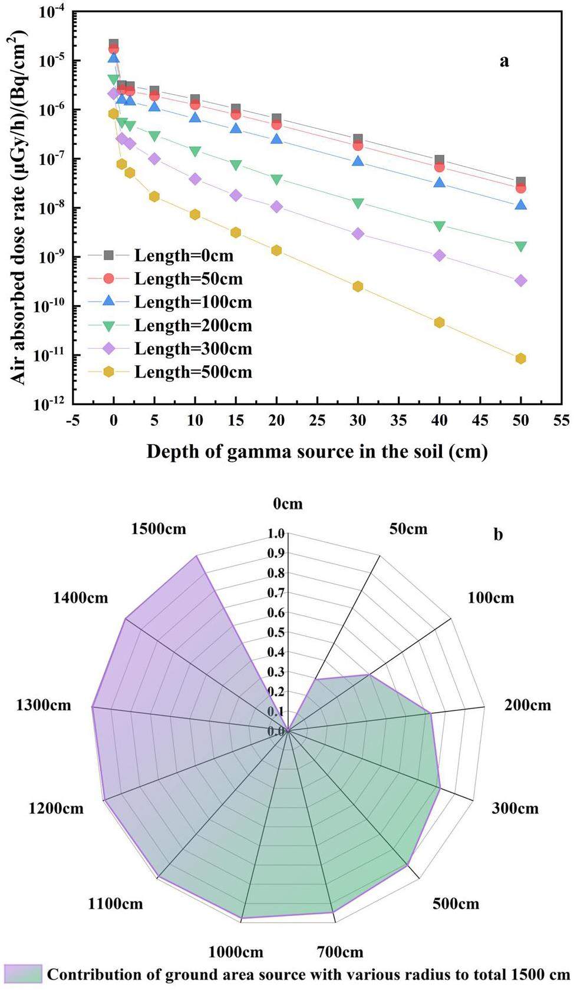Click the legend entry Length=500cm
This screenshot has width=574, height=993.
click(193, 372)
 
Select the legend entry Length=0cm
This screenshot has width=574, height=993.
click(183, 256)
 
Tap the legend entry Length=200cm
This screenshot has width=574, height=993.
click(193, 326)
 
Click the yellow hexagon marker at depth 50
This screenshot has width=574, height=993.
click(520, 359)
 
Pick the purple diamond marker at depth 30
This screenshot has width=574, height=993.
click(358, 234)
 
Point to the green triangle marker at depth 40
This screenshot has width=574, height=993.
click(439, 226)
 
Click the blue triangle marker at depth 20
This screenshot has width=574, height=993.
click(276, 139)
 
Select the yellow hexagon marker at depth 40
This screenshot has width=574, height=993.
click(439, 323)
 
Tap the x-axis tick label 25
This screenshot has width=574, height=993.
click(317, 421)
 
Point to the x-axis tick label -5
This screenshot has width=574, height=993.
click(72, 421)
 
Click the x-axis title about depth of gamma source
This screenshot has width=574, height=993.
click(317, 452)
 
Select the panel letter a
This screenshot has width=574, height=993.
click(504, 61)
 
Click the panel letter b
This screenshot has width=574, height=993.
click(499, 535)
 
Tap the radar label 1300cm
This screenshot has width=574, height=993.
click(44, 704)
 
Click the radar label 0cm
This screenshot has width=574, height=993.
click(288, 504)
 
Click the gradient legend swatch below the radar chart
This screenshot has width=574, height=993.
click(23, 974)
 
